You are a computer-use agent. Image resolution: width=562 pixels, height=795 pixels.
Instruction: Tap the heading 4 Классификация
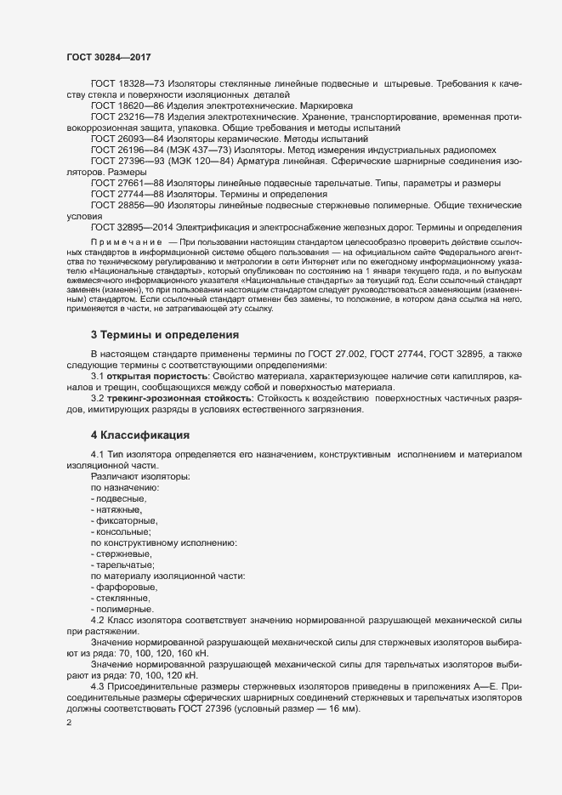(x=140, y=436)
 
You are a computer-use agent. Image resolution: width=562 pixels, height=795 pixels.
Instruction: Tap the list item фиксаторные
(x=125, y=520)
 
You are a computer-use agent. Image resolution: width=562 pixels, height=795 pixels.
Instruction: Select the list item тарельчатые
(x=124, y=565)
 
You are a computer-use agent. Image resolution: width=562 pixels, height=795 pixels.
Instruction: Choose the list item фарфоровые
(x=124, y=587)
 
